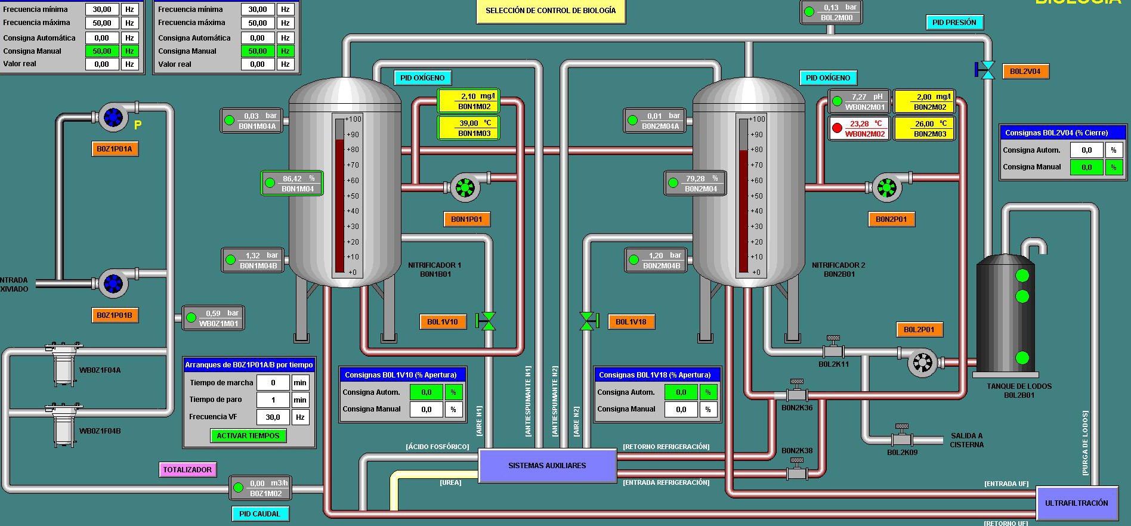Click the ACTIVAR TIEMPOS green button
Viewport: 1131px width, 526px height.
(248, 436)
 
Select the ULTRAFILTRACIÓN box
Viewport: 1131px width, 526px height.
(1076, 503)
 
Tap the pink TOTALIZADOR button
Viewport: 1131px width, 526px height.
(187, 470)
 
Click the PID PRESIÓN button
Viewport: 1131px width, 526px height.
(954, 23)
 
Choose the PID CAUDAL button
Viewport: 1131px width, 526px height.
(259, 513)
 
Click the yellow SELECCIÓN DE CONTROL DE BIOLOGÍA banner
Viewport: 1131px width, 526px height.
(551, 11)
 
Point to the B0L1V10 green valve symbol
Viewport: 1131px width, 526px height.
(487, 321)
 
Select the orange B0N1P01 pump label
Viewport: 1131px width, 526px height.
(466, 219)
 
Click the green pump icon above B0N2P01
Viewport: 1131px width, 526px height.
(886, 188)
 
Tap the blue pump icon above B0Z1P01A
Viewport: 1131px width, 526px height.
(113, 117)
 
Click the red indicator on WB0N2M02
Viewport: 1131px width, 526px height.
(837, 128)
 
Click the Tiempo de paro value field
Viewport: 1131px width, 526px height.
(273, 400)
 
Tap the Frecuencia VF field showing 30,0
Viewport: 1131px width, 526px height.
(273, 417)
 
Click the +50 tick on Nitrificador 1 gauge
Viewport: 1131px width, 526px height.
(353, 196)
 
